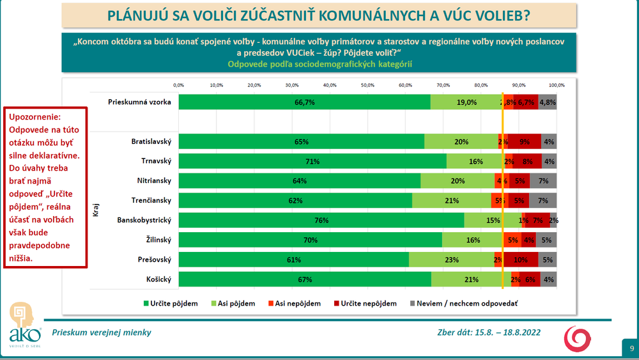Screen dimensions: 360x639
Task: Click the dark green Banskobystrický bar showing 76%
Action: click(321, 221)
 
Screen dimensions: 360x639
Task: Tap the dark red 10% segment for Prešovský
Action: click(520, 260)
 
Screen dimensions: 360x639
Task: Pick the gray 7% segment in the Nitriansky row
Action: click(544, 181)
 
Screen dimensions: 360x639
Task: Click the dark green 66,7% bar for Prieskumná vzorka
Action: click(304, 102)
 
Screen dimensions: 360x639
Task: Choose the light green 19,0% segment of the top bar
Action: click(466, 102)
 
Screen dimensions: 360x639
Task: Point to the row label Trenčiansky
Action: click(152, 201)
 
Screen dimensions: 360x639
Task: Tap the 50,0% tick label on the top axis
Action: click(367, 84)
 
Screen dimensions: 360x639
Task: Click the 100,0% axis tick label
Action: click(557, 84)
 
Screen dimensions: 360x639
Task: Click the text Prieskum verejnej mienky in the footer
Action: click(102, 333)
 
